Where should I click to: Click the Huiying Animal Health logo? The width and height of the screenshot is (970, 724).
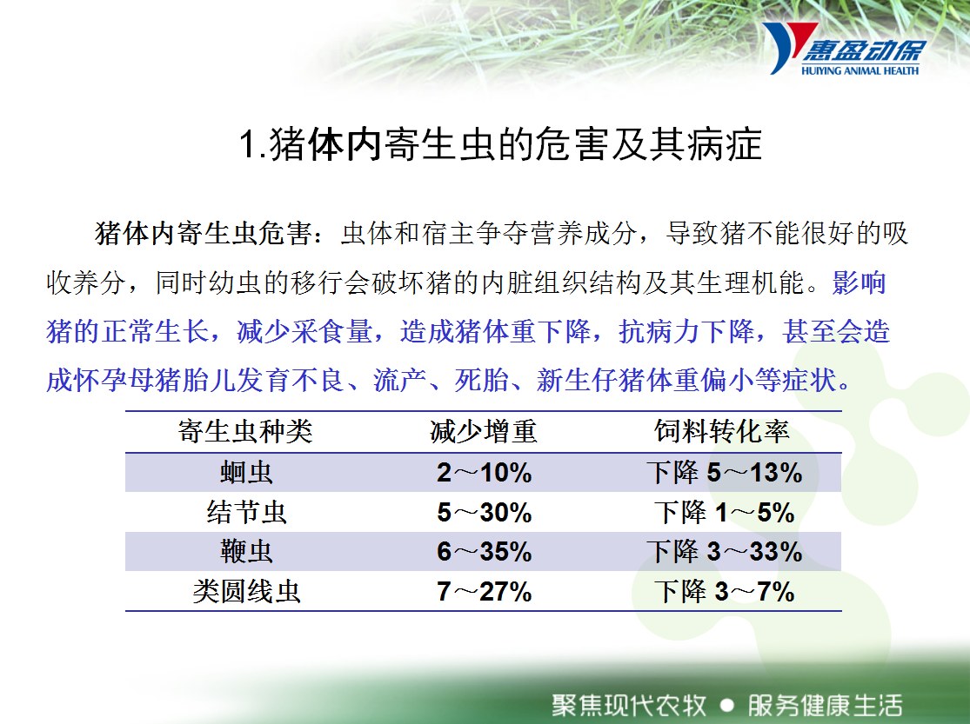coord(844,50)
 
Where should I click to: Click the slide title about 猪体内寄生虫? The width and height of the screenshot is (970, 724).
coord(500,144)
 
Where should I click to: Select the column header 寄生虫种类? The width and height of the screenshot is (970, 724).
coord(245,432)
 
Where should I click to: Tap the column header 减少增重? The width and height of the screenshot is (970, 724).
coord(484,432)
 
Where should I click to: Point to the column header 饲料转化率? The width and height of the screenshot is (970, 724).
coord(722,432)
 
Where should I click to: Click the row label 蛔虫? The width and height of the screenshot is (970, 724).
coord(246,473)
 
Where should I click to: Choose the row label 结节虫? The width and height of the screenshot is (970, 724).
coord(246,513)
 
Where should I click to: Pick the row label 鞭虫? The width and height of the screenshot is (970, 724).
coord(246,552)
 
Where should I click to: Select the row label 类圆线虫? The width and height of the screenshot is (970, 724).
coord(246,592)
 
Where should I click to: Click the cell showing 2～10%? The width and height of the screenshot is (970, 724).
coord(484,473)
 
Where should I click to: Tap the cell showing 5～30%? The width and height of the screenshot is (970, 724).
coord(484,513)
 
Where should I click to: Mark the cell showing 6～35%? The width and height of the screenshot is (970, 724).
coord(484,552)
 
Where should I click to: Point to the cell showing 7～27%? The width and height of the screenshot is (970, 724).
coord(484,592)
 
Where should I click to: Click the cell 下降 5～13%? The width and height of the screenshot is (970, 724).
coord(724,473)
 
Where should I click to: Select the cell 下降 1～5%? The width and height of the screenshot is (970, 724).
coord(724,513)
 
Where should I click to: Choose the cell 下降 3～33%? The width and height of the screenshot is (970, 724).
coord(724,552)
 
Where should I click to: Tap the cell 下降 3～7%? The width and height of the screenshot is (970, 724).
coord(724,592)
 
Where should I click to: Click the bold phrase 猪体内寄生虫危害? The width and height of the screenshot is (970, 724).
coord(203,234)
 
